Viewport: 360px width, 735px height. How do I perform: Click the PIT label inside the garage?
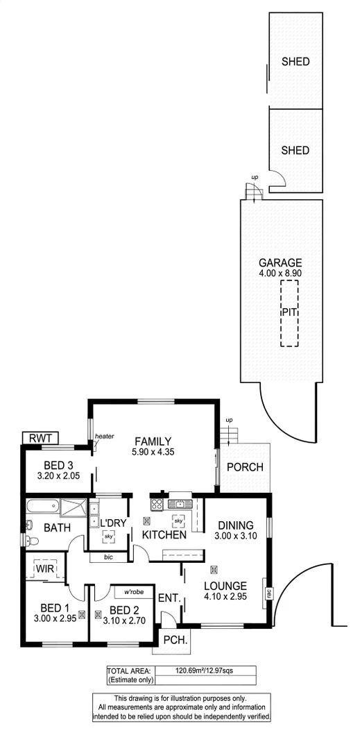pos(289,313)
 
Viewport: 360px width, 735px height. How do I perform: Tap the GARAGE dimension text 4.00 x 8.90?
pos(280,273)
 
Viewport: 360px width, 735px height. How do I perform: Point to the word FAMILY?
pos(153,441)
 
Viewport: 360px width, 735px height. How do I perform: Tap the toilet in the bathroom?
pos(28,541)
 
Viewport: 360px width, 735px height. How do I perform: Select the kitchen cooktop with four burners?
pos(157,505)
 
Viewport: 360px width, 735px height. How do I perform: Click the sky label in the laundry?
pos(108,537)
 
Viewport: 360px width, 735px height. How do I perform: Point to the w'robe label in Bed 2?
pos(134,592)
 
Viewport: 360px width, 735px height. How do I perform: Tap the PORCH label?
pos(245,467)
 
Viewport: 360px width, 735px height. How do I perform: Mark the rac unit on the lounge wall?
pos(267,593)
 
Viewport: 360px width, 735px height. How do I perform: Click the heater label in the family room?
pos(104,436)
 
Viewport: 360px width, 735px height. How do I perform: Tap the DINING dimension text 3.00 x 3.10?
pos(236,537)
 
